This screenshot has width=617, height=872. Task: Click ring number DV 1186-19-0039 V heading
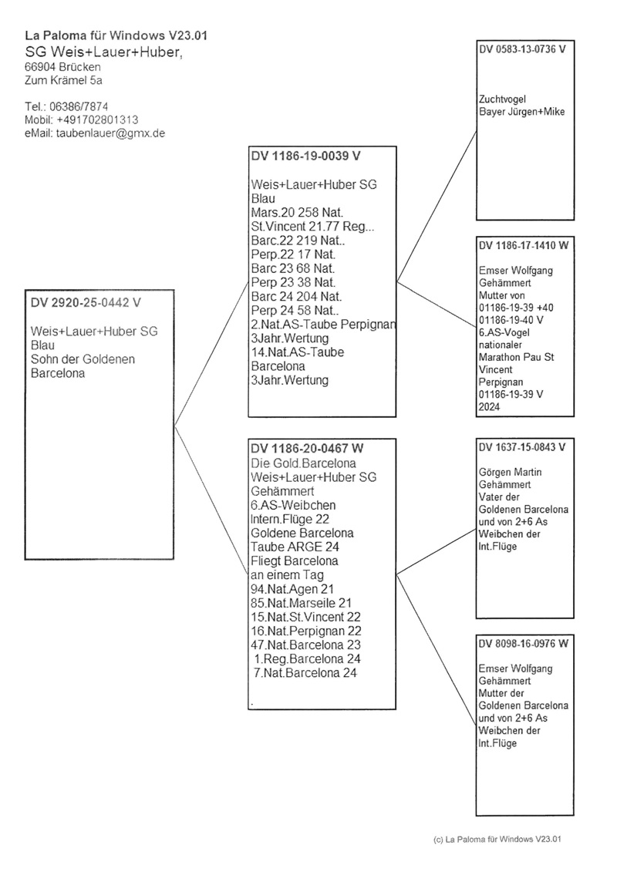click(x=305, y=156)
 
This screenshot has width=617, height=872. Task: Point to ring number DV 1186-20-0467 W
click(x=307, y=449)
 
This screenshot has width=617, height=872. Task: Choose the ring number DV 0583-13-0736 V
click(x=522, y=49)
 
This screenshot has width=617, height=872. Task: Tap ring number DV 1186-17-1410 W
click(x=524, y=246)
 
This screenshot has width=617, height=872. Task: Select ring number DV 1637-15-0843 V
click(x=522, y=446)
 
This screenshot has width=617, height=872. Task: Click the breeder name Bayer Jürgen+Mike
click(x=521, y=111)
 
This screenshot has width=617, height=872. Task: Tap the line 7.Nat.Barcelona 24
click(x=305, y=672)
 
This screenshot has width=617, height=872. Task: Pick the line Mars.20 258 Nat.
click(x=297, y=212)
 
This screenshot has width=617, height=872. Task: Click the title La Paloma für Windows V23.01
click(x=115, y=35)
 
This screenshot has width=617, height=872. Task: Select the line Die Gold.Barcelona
click(x=303, y=463)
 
